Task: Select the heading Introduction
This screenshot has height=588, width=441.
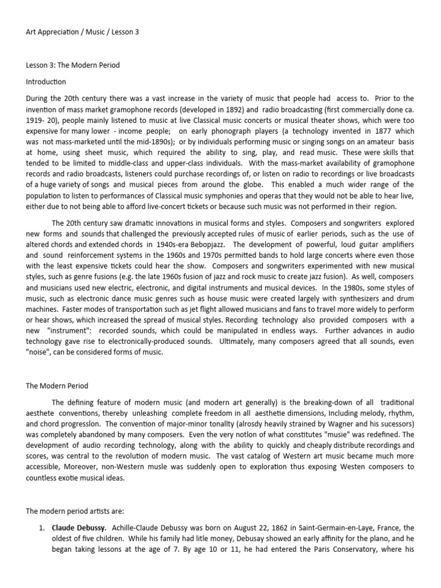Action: point(46,82)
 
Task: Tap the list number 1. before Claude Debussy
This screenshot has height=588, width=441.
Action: point(41,528)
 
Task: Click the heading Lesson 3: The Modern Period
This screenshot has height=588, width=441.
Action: point(73,65)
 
